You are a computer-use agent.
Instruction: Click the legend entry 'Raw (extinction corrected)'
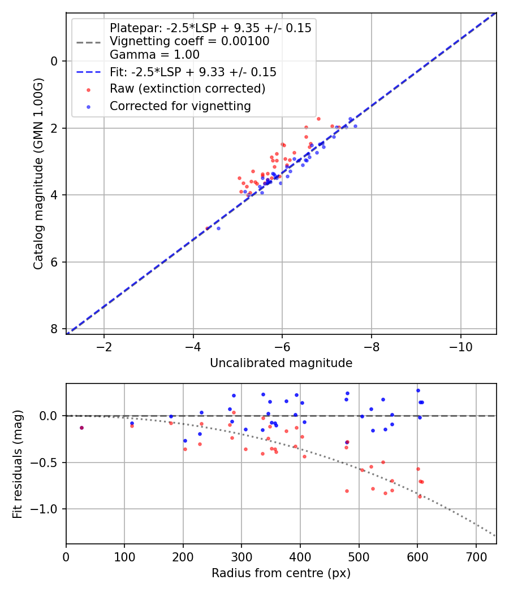(x=187, y=89)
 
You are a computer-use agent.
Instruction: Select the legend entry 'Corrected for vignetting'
(x=180, y=106)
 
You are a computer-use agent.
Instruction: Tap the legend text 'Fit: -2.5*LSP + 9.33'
(x=193, y=72)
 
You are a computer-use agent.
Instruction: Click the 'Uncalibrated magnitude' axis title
(x=281, y=363)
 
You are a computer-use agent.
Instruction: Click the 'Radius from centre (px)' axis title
(x=281, y=573)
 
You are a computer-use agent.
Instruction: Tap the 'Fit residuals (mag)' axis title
(x=18, y=464)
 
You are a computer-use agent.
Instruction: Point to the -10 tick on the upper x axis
(x=460, y=346)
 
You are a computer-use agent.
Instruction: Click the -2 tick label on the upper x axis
(x=104, y=346)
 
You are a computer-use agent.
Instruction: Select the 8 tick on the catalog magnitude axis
(x=54, y=329)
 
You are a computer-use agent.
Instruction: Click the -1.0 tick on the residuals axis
(x=48, y=509)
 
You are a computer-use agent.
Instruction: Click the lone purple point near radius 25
(x=81, y=428)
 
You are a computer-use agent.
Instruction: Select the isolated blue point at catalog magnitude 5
(x=218, y=228)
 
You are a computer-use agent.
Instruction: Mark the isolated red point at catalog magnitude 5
(x=207, y=228)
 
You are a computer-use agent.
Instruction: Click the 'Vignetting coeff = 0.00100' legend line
(x=189, y=41)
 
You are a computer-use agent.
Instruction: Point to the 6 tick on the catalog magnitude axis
(x=54, y=262)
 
